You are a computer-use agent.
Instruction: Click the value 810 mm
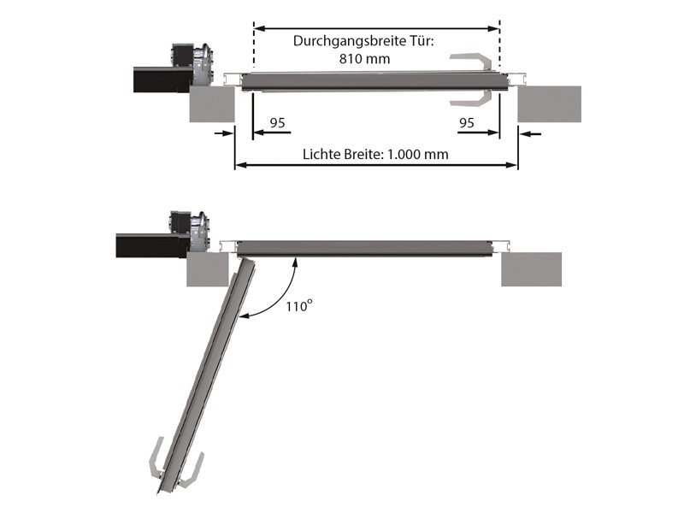pyautogui.click(x=365, y=58)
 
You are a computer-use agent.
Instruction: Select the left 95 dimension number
pyautogui.click(x=277, y=122)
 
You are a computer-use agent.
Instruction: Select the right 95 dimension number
pyautogui.click(x=466, y=122)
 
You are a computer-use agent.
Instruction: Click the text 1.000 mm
pyautogui.click(x=418, y=154)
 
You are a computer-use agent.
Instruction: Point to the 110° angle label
pyautogui.click(x=299, y=306)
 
